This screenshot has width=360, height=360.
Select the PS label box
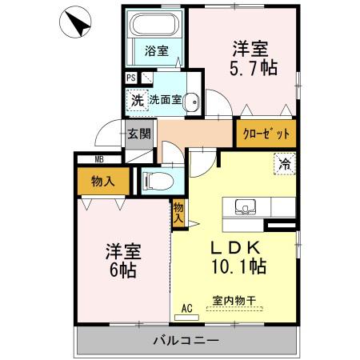click(x=131, y=78)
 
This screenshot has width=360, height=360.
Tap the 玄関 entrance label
click(x=138, y=134)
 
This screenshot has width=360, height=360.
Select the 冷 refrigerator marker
click(x=284, y=163)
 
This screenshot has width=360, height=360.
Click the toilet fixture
click(x=157, y=181)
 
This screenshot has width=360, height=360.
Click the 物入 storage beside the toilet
click(x=104, y=181)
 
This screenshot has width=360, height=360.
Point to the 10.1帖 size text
click(x=238, y=264)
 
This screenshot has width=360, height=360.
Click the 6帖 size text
click(x=122, y=270)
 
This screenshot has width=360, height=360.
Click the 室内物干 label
click(x=234, y=301)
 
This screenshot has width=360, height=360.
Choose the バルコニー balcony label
click(x=186, y=341)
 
